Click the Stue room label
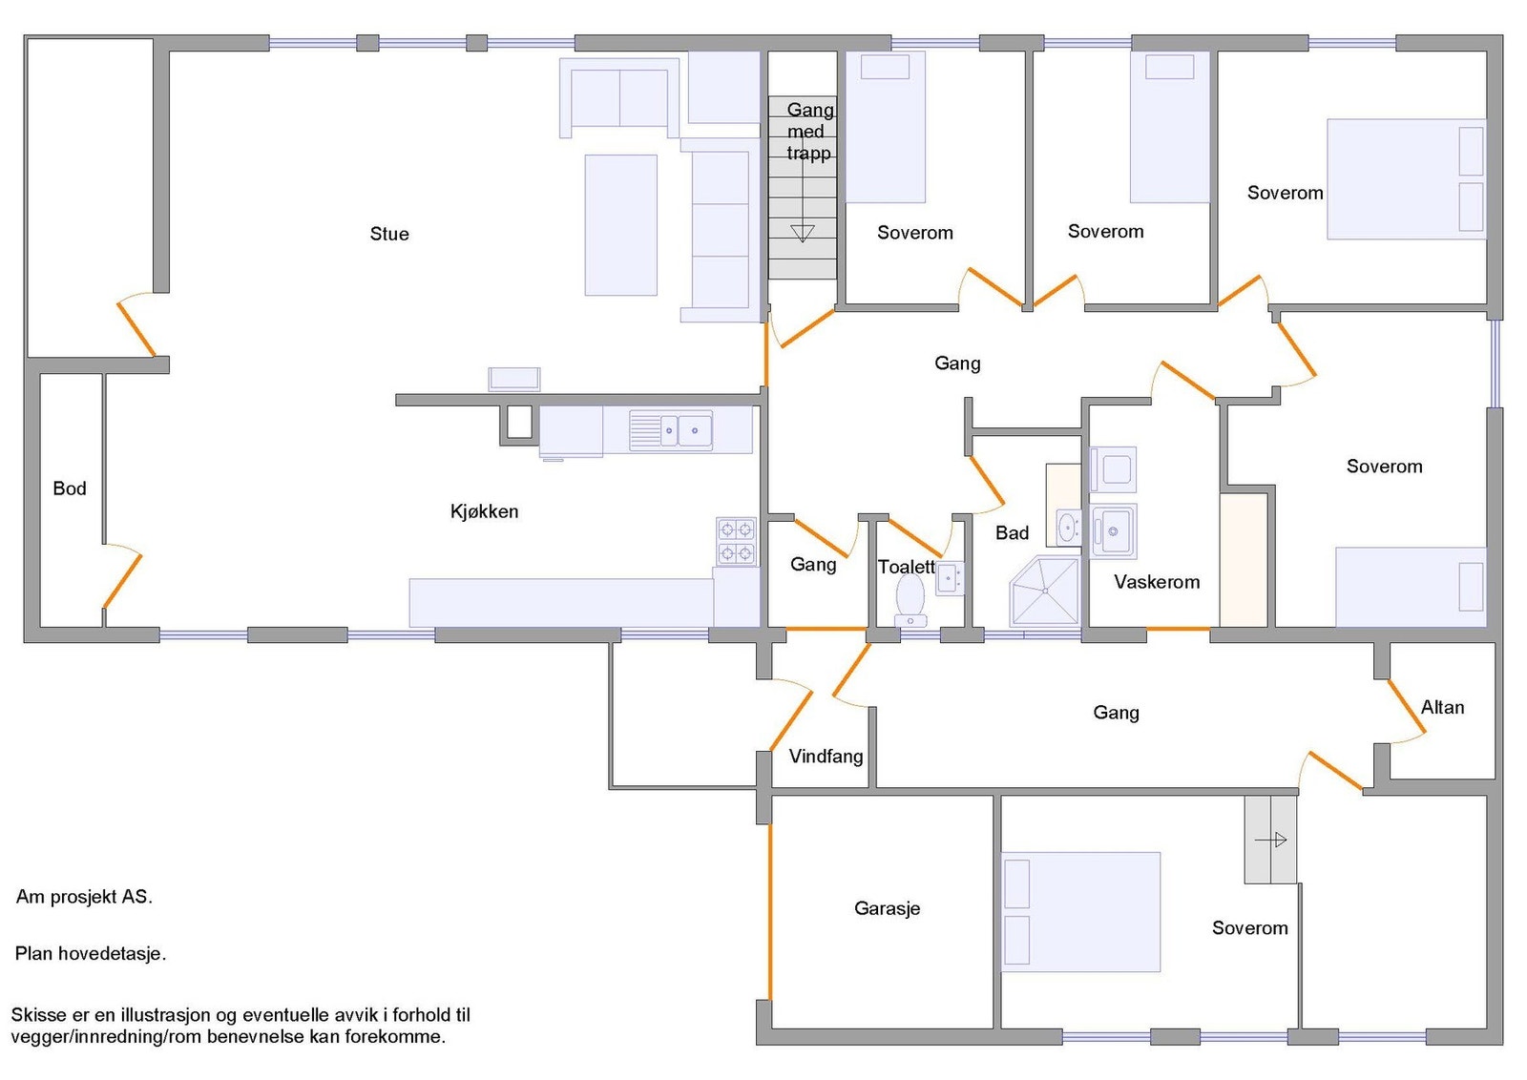pos(389,234)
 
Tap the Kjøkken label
pos(484,511)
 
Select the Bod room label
pos(70,488)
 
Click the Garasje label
pos(887,908)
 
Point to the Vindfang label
pos(826,757)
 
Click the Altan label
pos(1442,707)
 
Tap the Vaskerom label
pos(1157,582)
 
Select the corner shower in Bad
pos(1045,591)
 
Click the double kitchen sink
pos(682,430)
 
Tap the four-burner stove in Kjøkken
pos(736,541)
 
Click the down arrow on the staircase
pos(803,233)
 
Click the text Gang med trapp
pos(809,132)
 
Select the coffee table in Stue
pos(620,225)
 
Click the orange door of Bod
pos(122,580)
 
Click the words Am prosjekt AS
pos(84,897)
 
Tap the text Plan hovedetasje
pos(91,953)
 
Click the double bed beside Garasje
pos(1080,911)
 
